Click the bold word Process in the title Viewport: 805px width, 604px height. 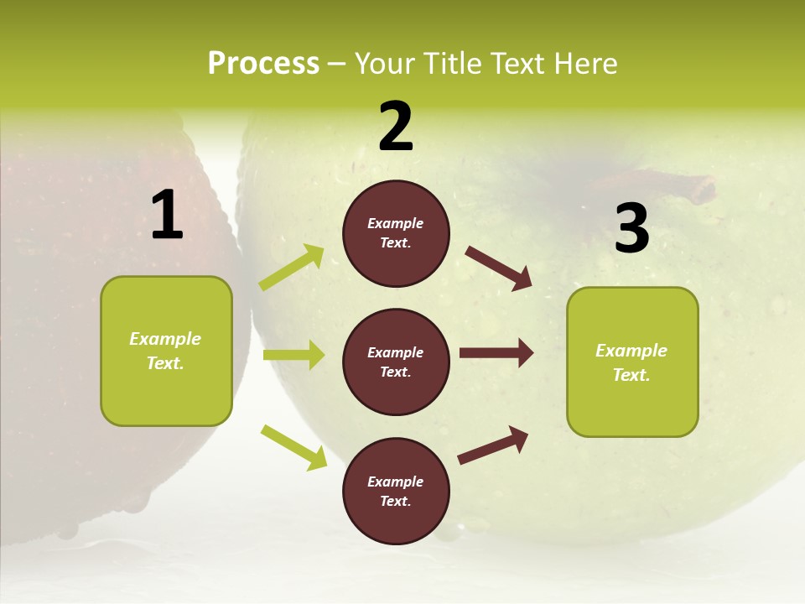click(x=263, y=64)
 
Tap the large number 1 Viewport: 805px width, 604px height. click(x=167, y=216)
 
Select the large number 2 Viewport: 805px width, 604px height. click(x=396, y=127)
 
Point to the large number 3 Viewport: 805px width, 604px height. click(x=631, y=228)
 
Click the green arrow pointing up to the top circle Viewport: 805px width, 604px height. click(x=292, y=268)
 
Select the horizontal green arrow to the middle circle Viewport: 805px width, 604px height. click(x=293, y=355)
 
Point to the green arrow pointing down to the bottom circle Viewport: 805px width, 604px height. click(x=293, y=446)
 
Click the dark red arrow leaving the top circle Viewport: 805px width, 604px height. click(x=499, y=268)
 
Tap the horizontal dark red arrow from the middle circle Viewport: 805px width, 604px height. click(x=496, y=352)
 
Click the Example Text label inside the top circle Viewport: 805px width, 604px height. click(x=396, y=233)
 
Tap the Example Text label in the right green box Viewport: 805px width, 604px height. click(x=631, y=362)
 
